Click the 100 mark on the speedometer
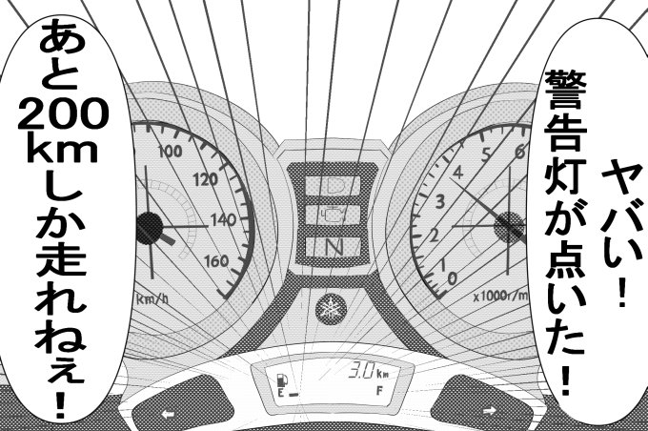click(172, 151)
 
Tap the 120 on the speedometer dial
click(204, 178)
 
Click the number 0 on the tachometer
click(451, 277)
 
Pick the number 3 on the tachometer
click(440, 202)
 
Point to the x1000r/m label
click(499, 296)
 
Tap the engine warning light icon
click(333, 212)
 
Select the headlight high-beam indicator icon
click(333, 181)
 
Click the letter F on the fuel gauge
click(380, 391)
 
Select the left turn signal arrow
click(169, 413)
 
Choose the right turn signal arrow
click(490, 412)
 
